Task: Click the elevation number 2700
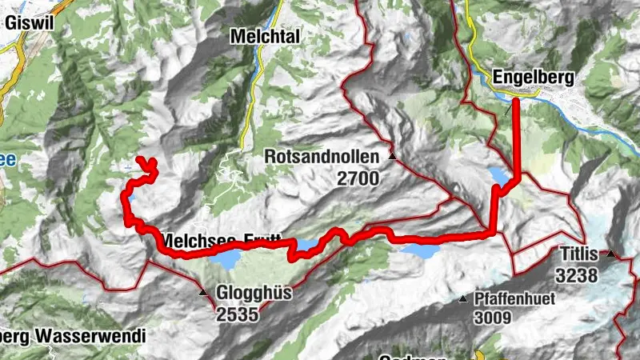click(357, 178)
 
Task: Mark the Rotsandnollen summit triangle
click(392, 156)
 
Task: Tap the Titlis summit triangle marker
click(610, 254)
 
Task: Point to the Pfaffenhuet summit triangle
click(463, 300)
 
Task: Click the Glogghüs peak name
click(254, 294)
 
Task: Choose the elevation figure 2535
click(238, 314)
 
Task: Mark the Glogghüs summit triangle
click(204, 294)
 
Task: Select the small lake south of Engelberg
click(498, 175)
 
